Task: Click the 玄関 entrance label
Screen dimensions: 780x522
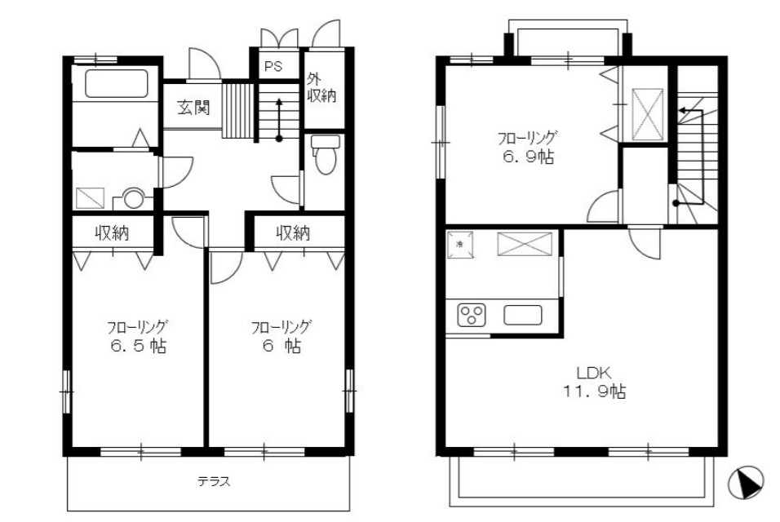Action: tap(193, 108)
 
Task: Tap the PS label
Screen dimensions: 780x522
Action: tap(273, 66)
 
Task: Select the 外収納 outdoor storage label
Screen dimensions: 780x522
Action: tap(321, 87)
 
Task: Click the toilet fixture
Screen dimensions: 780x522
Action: tap(326, 154)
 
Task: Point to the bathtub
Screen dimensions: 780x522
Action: tap(117, 83)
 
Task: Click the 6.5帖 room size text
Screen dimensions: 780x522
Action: tap(138, 346)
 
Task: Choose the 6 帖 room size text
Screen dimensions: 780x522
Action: tap(281, 346)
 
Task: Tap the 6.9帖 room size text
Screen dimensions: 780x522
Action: tap(528, 157)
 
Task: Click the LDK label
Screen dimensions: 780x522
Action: tap(593, 373)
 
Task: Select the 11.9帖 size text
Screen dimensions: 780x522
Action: tap(594, 391)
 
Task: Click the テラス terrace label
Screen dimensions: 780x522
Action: tap(214, 481)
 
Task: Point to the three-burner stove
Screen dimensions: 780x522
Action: tap(471, 315)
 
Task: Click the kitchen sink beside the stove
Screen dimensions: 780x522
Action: tap(522, 315)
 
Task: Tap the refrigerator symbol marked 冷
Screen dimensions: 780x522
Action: tap(459, 245)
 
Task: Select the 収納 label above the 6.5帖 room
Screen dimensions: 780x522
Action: tap(113, 232)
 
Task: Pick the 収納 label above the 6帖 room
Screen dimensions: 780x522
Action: tap(294, 232)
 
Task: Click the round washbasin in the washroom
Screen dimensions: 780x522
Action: tap(133, 198)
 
